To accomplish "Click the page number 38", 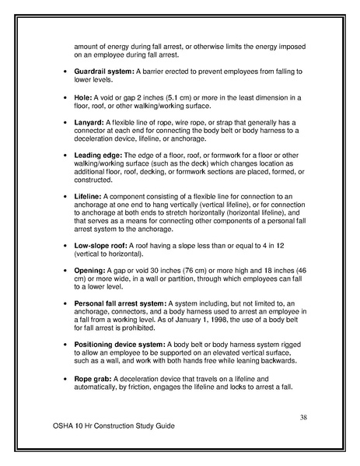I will (x=305, y=418).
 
